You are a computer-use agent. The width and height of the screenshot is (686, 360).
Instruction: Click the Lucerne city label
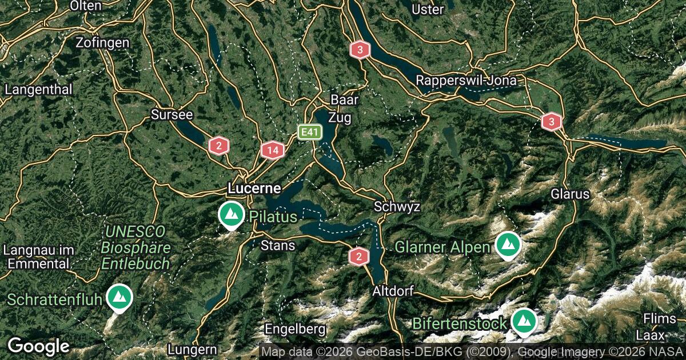254,188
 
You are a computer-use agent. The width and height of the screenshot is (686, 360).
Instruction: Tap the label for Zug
340,118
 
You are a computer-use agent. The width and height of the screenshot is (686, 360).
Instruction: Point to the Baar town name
345,100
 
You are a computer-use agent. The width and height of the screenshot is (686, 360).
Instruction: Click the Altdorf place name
393,291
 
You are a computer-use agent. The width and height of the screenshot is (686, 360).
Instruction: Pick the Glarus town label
570,194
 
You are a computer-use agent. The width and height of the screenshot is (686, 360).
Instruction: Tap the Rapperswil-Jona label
466,81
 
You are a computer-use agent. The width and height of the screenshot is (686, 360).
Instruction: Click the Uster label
428,10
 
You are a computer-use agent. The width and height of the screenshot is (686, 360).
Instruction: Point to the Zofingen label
103,43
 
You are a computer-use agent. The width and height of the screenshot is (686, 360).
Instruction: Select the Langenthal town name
39,90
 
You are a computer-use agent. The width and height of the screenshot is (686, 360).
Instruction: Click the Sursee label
172,115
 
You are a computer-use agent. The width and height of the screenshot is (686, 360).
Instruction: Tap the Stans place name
278,246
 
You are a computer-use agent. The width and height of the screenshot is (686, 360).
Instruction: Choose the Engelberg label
295,329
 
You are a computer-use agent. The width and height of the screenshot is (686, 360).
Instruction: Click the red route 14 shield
273,151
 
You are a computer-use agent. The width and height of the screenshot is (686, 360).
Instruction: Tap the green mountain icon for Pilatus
232,215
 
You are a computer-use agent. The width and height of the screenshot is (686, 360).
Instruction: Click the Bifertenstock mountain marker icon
523,322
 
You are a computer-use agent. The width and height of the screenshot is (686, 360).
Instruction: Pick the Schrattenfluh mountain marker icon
120,297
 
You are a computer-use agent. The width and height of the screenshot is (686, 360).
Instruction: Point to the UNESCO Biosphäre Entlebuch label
135,247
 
